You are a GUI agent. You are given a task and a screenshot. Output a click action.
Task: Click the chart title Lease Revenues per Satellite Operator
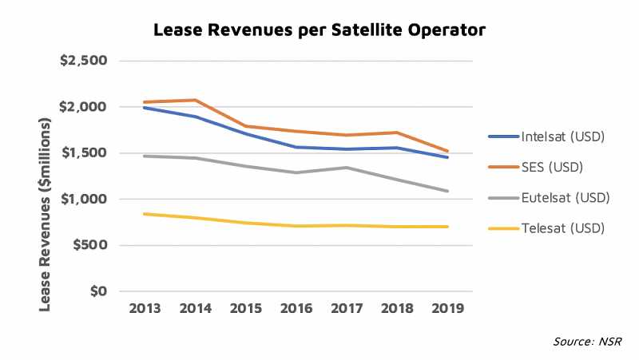point(319,31)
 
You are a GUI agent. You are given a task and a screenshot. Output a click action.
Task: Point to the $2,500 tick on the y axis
point(84,61)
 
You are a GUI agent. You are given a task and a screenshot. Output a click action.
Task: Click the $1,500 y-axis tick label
point(84,152)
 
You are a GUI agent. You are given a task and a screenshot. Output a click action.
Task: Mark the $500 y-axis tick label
point(90,245)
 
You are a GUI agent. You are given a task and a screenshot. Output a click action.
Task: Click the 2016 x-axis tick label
point(295,309)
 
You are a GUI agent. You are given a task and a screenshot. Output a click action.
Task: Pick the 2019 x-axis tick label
point(448,309)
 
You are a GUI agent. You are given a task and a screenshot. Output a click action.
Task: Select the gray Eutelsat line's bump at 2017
point(346,168)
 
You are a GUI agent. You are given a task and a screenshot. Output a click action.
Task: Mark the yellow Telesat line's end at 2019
point(448,227)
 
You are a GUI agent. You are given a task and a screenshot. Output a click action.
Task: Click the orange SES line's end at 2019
point(448,151)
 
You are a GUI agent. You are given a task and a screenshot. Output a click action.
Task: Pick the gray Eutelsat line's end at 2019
point(448,191)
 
